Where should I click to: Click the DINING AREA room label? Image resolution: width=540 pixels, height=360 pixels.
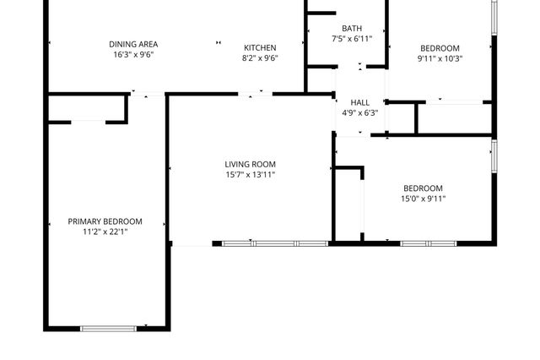(133, 45)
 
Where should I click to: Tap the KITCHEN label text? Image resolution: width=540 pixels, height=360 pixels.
(260, 47)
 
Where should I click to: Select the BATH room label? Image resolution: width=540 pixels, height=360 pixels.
(352, 28)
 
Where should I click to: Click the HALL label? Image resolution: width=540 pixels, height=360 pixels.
(360, 102)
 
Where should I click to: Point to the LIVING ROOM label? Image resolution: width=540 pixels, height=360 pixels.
(250, 164)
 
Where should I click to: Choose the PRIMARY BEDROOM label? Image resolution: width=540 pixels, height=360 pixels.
(105, 221)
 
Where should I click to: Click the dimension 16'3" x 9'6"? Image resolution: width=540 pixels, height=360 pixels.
(133, 55)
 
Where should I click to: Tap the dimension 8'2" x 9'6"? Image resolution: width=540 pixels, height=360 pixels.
(260, 58)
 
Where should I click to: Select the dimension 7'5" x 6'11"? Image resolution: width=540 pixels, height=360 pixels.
(352, 39)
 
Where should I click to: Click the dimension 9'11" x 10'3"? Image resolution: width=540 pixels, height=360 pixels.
(440, 59)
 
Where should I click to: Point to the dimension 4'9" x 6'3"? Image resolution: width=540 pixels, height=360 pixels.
(360, 113)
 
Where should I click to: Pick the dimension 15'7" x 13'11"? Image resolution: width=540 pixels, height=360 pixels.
(250, 175)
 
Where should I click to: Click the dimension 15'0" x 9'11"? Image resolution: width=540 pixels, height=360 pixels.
(423, 199)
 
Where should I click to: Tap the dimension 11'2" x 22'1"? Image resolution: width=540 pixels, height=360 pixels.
(105, 232)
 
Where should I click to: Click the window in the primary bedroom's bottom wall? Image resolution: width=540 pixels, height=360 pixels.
(108, 328)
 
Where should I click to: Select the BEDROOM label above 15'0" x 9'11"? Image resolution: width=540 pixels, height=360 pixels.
(423, 188)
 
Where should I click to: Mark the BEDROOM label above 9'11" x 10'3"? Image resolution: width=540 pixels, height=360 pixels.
(440, 48)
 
